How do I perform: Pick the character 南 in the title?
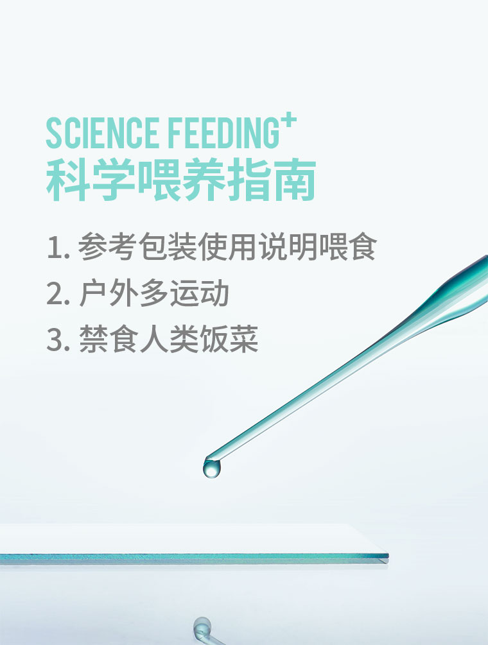[295, 180]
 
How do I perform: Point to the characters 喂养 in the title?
[181, 180]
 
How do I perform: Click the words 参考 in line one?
[107, 246]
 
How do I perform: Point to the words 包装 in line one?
[168, 246]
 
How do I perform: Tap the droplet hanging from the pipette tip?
[212, 469]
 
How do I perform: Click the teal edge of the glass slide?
[194, 558]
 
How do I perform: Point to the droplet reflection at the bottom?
[202, 627]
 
